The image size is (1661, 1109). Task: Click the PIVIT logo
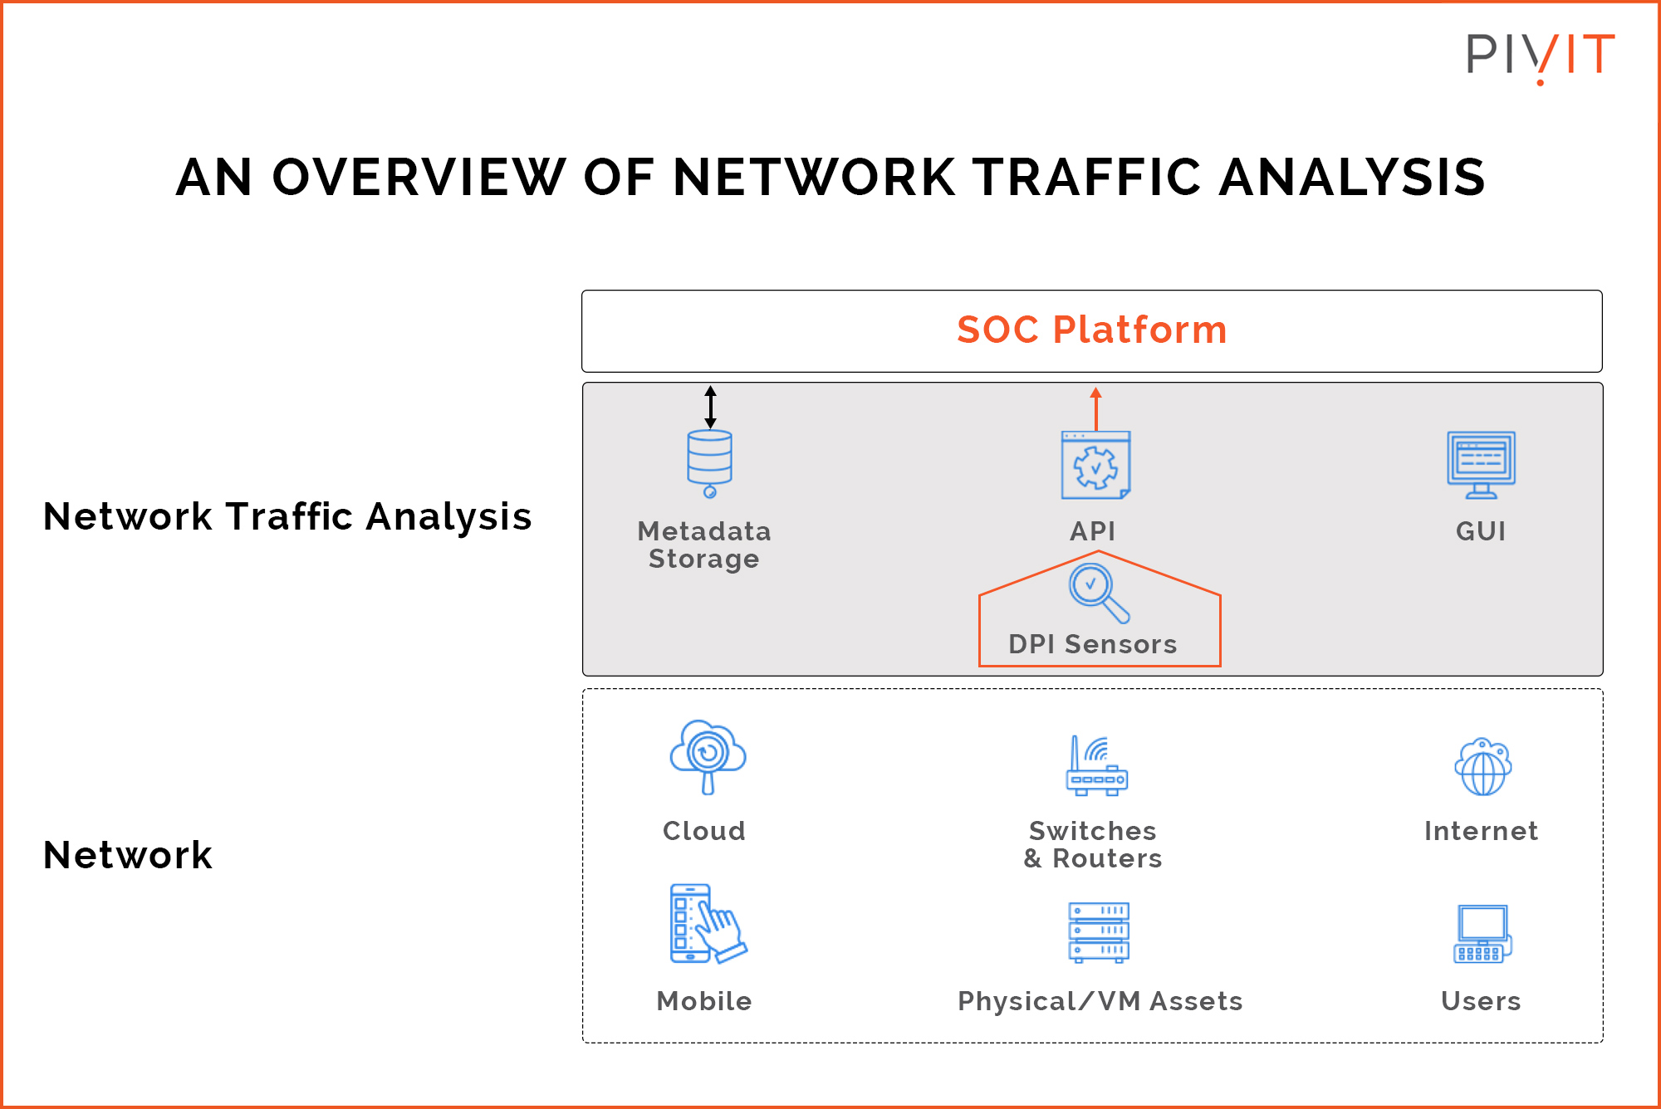pyautogui.click(x=1540, y=56)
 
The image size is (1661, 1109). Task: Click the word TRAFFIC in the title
pyautogui.click(x=1086, y=178)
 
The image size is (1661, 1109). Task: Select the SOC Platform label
pyautogui.click(x=1091, y=330)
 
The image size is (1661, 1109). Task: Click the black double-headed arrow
pyautogui.click(x=710, y=407)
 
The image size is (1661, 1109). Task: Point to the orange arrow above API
pyautogui.click(x=1095, y=408)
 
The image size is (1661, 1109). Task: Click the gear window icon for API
pyautogui.click(x=1095, y=466)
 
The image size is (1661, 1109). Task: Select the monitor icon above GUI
pyautogui.click(x=1481, y=464)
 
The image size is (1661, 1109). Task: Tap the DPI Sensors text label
pyautogui.click(x=1092, y=644)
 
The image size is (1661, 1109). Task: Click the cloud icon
pyautogui.click(x=708, y=755)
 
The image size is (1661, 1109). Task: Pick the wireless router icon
pyautogui.click(x=1096, y=766)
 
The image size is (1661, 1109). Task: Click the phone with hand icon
pyautogui.click(x=706, y=924)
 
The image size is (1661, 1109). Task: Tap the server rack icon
pyautogui.click(x=1098, y=932)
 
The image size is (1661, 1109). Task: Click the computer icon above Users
pyautogui.click(x=1482, y=934)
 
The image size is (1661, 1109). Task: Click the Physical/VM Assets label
pyautogui.click(x=1100, y=1001)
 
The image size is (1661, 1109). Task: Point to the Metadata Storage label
pyautogui.click(x=704, y=545)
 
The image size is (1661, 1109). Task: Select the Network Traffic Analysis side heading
pyautogui.click(x=287, y=516)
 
